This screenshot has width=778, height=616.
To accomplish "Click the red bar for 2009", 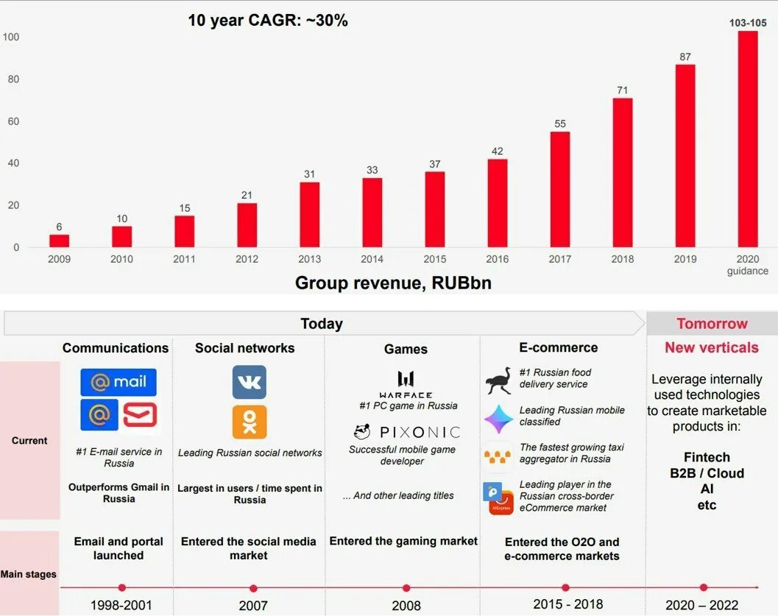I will pos(59,241).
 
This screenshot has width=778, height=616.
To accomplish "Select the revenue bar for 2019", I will pos(685,155).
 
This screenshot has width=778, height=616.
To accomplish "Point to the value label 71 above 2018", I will pos(623,91).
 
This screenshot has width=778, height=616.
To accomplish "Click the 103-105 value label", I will pos(748,23).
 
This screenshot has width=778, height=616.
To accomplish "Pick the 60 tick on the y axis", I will pos(14,121).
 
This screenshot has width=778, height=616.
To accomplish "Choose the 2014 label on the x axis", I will pos(372,259).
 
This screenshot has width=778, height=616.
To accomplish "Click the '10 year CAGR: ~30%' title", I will pos(268,21).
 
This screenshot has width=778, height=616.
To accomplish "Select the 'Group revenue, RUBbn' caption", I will pos(393,283).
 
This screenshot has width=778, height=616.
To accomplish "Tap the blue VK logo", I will pos(250,382).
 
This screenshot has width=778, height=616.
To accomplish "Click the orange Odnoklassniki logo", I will pos(250,422).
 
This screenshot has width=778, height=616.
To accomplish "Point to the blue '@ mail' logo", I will pos(119,382).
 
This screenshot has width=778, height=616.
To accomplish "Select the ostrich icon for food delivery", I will pos(498,380).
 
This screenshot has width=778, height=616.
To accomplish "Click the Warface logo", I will pos(406,384).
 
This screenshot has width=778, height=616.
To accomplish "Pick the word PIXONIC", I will pos(420,432).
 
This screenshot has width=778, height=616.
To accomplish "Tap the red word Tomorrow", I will pos(712,324).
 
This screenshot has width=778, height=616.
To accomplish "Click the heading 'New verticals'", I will pos(711,347).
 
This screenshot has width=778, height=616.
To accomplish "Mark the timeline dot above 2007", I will pos(253,588).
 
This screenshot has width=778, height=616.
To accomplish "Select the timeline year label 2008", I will pos(406,605).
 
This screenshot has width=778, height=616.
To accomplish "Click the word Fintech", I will pos(707,457).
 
